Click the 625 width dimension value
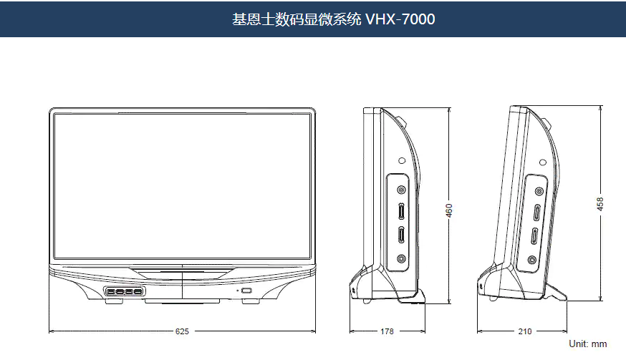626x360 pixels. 183,331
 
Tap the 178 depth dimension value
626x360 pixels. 387,331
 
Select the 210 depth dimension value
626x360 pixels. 524,331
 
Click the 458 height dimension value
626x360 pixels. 600,204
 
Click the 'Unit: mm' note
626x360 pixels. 587,344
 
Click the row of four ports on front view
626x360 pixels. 124,291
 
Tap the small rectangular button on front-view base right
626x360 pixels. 246,291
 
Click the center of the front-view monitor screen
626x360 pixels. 183,186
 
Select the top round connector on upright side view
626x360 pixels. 401,191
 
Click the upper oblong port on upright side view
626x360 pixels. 401,213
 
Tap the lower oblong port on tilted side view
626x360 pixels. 534,238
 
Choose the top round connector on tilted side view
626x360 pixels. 539,191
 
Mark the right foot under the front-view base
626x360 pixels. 251,301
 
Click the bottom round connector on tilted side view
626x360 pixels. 531,260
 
